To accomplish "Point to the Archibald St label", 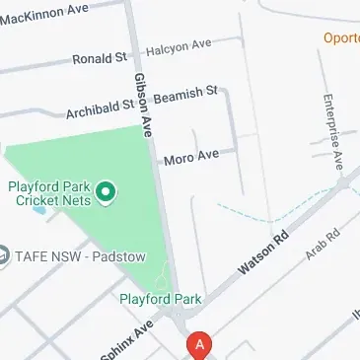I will tap(100, 108).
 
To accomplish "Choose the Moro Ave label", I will tap(191, 157).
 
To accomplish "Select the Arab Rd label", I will tap(323, 246).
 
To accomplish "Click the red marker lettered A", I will tap(200, 345).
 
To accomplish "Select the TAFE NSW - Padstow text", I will tap(80, 257).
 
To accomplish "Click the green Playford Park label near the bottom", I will tap(161, 298).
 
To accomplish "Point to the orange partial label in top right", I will tap(341, 37).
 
